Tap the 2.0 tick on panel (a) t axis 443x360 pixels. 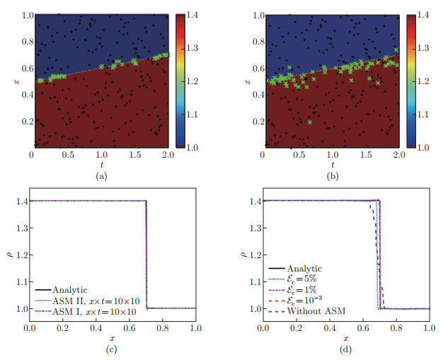[168, 154]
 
